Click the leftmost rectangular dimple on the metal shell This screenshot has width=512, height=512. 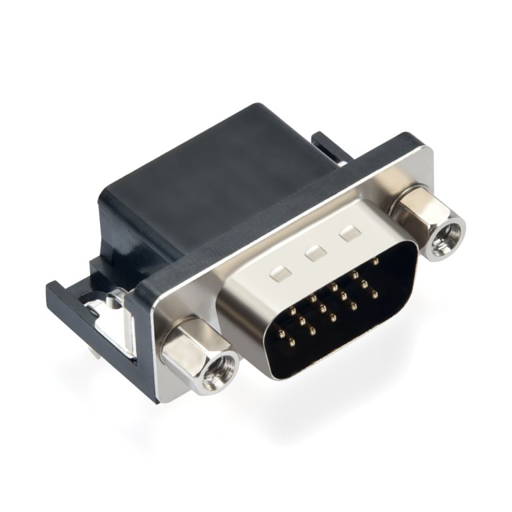coord(278,272)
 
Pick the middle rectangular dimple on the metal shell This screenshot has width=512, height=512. coord(313,253)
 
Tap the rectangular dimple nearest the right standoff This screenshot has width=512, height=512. coord(349,233)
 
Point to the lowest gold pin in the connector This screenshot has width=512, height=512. coord(291,343)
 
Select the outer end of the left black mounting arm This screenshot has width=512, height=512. coord(55,291)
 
